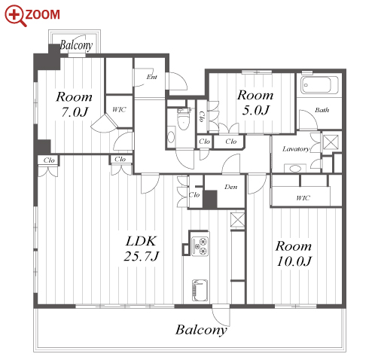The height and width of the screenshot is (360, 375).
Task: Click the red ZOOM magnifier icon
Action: click(x=16, y=16)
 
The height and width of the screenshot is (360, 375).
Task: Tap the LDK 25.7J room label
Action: click(x=142, y=249)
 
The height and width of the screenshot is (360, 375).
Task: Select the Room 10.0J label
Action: click(x=294, y=254)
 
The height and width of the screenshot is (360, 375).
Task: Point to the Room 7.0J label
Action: click(x=74, y=104)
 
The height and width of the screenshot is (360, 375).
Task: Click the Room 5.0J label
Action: click(x=255, y=102)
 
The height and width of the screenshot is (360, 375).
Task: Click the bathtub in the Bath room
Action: click(x=319, y=85)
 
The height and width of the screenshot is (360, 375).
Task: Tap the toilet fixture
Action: click(x=183, y=119)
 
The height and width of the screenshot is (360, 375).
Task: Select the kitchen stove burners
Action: click(x=200, y=246)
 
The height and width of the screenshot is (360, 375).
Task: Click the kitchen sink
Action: click(x=200, y=290)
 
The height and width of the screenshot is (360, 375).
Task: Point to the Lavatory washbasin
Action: click(x=295, y=168)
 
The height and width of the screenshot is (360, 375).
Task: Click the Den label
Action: click(x=231, y=187)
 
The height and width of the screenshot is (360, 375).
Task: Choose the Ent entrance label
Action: click(x=152, y=77)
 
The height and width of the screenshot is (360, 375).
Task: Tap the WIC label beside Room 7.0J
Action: click(x=119, y=109)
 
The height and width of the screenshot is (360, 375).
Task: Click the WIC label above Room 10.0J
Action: click(x=303, y=198)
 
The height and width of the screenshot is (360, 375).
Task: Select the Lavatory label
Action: click(x=296, y=149)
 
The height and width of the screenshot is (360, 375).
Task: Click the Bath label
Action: click(x=322, y=110)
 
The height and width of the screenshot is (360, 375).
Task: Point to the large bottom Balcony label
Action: click(x=201, y=330)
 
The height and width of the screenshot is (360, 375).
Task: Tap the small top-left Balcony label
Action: click(x=76, y=45)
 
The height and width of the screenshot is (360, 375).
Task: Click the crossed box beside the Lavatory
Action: click(x=331, y=142)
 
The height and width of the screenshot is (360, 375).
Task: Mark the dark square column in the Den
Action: click(x=210, y=200)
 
